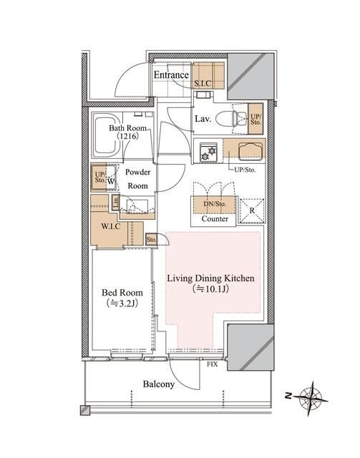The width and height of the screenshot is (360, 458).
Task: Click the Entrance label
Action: (x=171, y=75)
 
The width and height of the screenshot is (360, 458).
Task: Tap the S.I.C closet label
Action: (x=203, y=84)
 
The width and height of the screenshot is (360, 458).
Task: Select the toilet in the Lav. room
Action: (x=232, y=119)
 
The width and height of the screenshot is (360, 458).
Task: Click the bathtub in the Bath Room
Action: (x=106, y=135)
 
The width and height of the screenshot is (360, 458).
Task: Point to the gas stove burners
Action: (x=209, y=152)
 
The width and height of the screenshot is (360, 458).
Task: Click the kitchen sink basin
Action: (x=250, y=151)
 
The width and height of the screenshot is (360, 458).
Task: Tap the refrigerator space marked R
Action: (x=252, y=211)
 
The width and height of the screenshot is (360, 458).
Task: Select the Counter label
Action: (x=215, y=219)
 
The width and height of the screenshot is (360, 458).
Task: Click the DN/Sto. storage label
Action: (x=215, y=204)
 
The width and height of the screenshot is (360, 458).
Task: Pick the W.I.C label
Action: (x=111, y=226)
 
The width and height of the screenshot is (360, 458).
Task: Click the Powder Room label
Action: (x=137, y=179)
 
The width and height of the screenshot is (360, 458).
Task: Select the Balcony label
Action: (x=159, y=384)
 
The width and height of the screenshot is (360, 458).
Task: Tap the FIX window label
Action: (x=213, y=364)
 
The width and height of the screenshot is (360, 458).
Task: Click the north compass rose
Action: (x=311, y=398)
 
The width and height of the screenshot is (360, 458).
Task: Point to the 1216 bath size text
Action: (x=127, y=136)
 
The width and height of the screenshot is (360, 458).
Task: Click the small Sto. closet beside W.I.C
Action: (x=151, y=240)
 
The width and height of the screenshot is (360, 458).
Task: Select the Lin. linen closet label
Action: (x=116, y=202)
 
